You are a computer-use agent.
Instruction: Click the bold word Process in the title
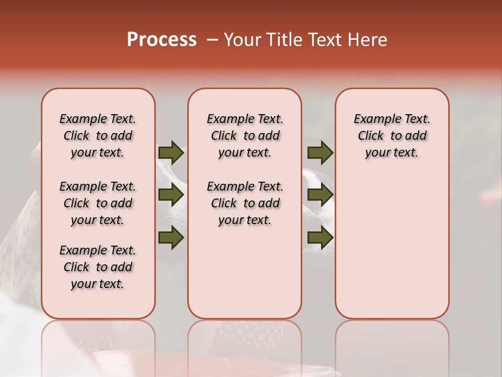pyautogui.click(x=162, y=40)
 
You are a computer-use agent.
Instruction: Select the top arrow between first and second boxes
pyautogui.click(x=171, y=152)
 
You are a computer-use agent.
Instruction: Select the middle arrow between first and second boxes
pyautogui.click(x=171, y=195)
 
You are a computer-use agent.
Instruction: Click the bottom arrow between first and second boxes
pyautogui.click(x=171, y=238)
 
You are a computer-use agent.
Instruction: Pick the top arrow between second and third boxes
pyautogui.click(x=320, y=152)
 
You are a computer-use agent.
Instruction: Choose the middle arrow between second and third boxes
pyautogui.click(x=320, y=195)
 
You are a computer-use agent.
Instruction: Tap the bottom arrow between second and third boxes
pyautogui.click(x=320, y=238)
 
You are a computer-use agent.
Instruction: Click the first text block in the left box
pyautogui.click(x=98, y=136)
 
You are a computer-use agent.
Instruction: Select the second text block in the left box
pyautogui.click(x=98, y=203)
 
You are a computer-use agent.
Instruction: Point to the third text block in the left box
pyautogui.click(x=98, y=267)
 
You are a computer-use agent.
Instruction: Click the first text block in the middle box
pyautogui.click(x=245, y=136)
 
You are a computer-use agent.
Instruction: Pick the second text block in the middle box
pyautogui.click(x=245, y=203)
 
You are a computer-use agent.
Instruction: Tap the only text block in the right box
pyautogui.click(x=392, y=136)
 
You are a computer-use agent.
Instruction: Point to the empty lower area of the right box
pyautogui.click(x=392, y=246)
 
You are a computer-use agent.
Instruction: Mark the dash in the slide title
pyautogui.click(x=212, y=40)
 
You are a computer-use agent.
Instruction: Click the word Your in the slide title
pyautogui.click(x=242, y=40)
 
